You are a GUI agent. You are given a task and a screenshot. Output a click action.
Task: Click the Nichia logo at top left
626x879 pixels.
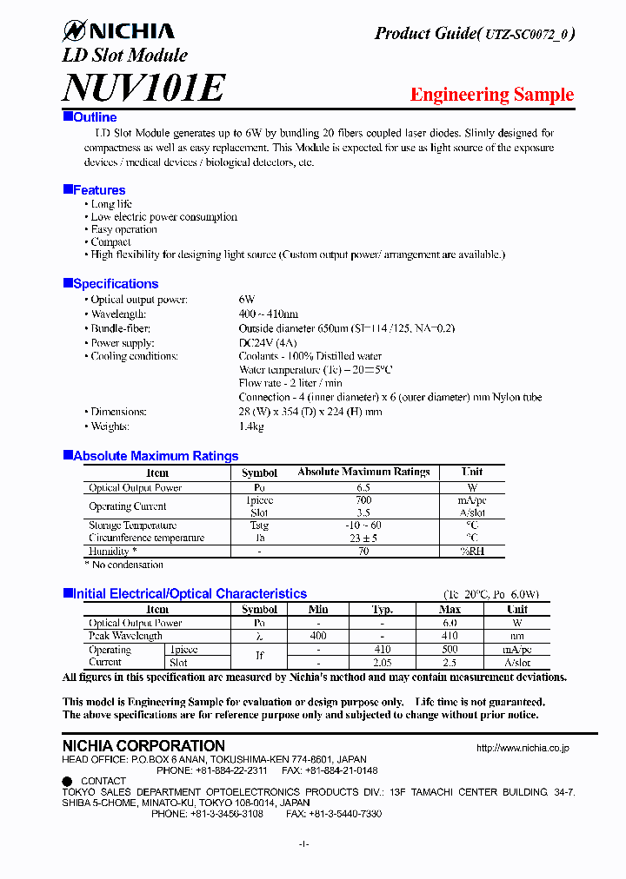click(x=118, y=31)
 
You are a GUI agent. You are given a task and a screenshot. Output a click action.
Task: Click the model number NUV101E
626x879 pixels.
click(x=144, y=87)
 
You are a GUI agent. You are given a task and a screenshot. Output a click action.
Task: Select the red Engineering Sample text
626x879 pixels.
click(x=491, y=95)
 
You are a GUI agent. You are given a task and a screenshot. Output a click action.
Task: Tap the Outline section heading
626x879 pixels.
click(x=94, y=117)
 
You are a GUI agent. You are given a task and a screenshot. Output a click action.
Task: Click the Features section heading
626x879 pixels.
click(x=98, y=190)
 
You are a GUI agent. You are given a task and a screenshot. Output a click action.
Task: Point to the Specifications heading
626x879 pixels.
click(x=115, y=284)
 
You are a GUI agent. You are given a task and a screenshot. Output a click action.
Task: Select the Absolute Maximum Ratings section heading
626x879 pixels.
click(x=155, y=456)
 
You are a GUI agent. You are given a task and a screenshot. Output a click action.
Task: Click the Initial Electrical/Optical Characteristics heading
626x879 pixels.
click(x=189, y=594)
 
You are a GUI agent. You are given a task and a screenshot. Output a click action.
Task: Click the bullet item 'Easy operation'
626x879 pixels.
click(x=123, y=229)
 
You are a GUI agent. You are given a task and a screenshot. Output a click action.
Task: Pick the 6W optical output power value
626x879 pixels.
click(x=247, y=300)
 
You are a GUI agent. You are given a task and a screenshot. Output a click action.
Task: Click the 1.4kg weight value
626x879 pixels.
click(x=251, y=426)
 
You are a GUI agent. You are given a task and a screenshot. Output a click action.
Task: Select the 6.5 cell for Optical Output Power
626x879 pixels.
click(x=363, y=488)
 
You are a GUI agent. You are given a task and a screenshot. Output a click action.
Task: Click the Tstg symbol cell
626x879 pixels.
click(x=259, y=525)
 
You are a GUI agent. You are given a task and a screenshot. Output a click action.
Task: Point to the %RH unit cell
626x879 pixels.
click(x=473, y=551)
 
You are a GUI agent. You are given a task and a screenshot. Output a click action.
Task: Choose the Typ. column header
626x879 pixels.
click(x=383, y=610)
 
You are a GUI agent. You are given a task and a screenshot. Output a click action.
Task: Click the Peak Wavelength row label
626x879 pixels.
click(x=125, y=636)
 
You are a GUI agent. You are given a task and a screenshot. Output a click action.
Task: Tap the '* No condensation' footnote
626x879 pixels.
click(x=123, y=565)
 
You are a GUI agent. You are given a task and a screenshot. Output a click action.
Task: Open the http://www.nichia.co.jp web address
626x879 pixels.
click(x=523, y=747)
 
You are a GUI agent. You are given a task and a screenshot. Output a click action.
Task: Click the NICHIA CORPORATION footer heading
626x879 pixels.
click(x=143, y=746)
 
